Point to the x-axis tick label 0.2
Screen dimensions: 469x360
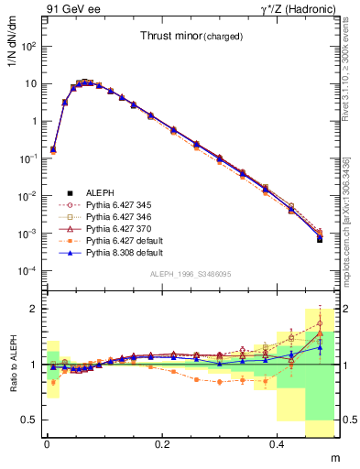[x=164, y=442]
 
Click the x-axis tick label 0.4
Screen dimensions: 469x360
[x=280, y=442]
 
